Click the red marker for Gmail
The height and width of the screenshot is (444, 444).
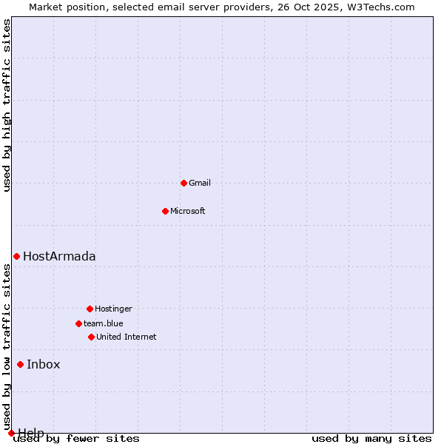[184, 183]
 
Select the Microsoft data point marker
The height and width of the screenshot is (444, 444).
[165, 211]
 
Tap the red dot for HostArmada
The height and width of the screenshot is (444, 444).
[16, 256]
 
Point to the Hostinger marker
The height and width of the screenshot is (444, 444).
[90, 309]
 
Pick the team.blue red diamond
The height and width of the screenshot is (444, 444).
[78, 323]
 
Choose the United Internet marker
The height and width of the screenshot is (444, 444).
[91, 337]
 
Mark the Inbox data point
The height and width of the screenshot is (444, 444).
[20, 364]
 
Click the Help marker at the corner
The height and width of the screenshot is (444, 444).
[11, 433]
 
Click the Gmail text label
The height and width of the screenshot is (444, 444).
[200, 183]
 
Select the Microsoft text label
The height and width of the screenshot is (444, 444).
[188, 211]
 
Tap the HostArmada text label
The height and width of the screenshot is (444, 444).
[59, 256]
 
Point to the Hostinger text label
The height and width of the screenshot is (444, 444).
[113, 309]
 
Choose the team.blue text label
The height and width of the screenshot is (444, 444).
[104, 323]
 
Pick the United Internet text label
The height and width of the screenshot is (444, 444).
[127, 337]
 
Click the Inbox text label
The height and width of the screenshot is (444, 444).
[44, 364]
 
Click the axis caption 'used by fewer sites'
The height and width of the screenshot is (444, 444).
[77, 439]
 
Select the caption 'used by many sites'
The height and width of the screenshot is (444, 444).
[371, 439]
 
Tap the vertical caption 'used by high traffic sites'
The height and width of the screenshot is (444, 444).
[7, 105]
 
